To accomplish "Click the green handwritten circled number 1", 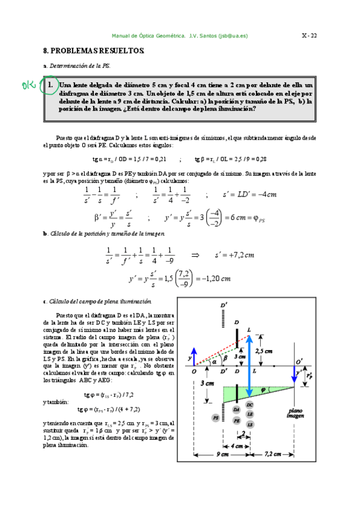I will coord(49,86).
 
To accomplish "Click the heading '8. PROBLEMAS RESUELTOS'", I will coord(94,52).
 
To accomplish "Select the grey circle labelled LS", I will coord(249,408).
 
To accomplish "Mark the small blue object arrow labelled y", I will coord(194,356).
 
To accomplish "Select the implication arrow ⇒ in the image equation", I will coord(195,255).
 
